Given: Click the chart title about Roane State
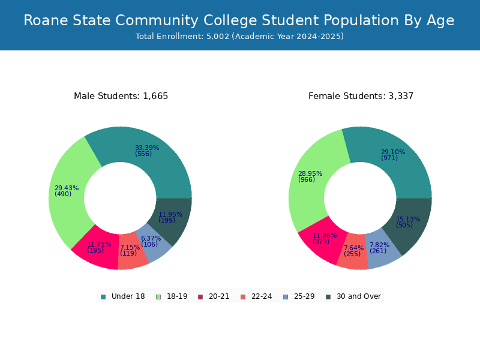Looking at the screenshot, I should (x=239, y=20).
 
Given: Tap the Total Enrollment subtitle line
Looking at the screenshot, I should (x=239, y=37).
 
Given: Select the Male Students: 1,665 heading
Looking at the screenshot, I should (x=121, y=96).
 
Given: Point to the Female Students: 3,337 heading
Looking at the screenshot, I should (x=361, y=96).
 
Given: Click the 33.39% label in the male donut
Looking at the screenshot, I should (x=146, y=148).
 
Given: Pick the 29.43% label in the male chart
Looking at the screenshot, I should (x=66, y=188).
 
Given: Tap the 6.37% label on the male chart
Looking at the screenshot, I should (x=151, y=239).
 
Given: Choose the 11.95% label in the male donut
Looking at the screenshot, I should (x=170, y=215).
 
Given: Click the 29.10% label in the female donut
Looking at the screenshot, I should (x=392, y=152).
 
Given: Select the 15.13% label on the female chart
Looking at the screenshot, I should (x=407, y=220).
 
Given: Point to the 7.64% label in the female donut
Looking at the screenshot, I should (x=353, y=248).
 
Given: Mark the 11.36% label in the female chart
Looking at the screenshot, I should (x=324, y=236).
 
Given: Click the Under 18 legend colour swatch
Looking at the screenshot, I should (x=103, y=296).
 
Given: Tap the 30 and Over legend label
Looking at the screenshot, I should (x=358, y=296).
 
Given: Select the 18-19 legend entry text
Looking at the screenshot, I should (x=177, y=296).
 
